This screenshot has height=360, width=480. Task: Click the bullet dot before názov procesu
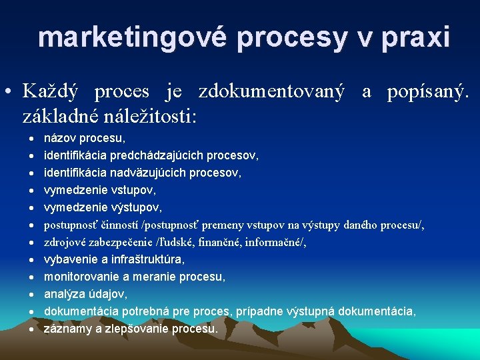(31, 139)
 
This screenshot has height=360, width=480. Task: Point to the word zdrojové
(64, 243)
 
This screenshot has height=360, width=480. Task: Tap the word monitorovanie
(77, 277)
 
